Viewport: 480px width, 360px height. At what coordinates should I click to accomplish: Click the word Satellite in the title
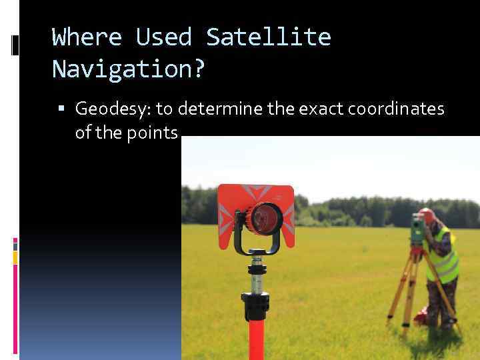coord(268,37)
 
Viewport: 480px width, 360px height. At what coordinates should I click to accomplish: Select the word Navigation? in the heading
coord(128,68)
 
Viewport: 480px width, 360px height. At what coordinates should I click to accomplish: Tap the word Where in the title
coord(87,37)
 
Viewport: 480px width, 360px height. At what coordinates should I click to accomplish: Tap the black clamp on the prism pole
coord(256,306)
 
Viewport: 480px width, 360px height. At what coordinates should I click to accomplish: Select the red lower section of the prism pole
coord(256,340)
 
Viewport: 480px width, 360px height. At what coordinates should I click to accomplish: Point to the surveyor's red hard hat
coord(427,215)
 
